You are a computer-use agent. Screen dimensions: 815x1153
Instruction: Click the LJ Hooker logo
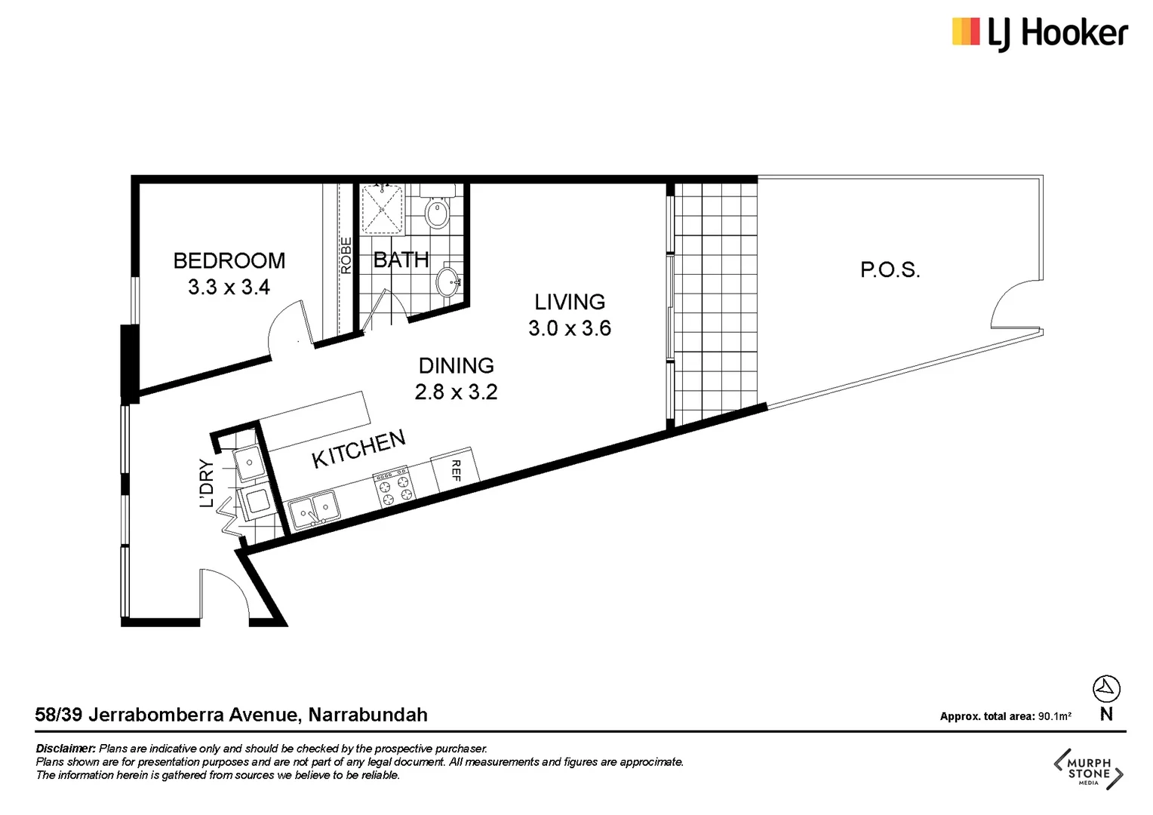(x=1039, y=34)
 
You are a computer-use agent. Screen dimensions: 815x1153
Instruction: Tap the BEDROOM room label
(x=229, y=260)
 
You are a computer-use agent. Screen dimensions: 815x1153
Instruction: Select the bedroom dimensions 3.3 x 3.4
(x=229, y=288)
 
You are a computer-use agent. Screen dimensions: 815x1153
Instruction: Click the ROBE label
(x=346, y=255)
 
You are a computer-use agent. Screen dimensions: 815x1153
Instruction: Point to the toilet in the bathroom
(x=437, y=212)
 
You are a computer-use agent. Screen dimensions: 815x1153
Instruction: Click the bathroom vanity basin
(x=448, y=283)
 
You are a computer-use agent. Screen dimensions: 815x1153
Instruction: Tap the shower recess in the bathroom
(x=383, y=209)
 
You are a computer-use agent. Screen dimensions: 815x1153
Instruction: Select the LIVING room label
(x=570, y=302)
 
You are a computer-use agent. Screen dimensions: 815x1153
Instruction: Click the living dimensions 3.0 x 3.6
(x=570, y=328)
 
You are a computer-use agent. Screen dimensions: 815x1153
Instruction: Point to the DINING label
(x=457, y=366)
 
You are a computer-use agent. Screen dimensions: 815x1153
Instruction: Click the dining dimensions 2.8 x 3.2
(x=457, y=392)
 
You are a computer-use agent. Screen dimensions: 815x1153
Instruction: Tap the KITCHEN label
(x=358, y=449)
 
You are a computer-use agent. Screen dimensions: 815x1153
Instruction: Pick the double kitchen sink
(x=314, y=510)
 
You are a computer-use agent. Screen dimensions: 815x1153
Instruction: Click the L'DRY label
(x=206, y=483)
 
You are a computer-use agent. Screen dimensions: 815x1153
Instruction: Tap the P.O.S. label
(x=890, y=270)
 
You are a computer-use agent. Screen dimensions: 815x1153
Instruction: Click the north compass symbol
(x=1106, y=688)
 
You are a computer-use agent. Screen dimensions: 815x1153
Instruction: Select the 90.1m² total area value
(x=1054, y=716)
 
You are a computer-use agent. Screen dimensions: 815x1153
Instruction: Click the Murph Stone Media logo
(x=1088, y=769)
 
